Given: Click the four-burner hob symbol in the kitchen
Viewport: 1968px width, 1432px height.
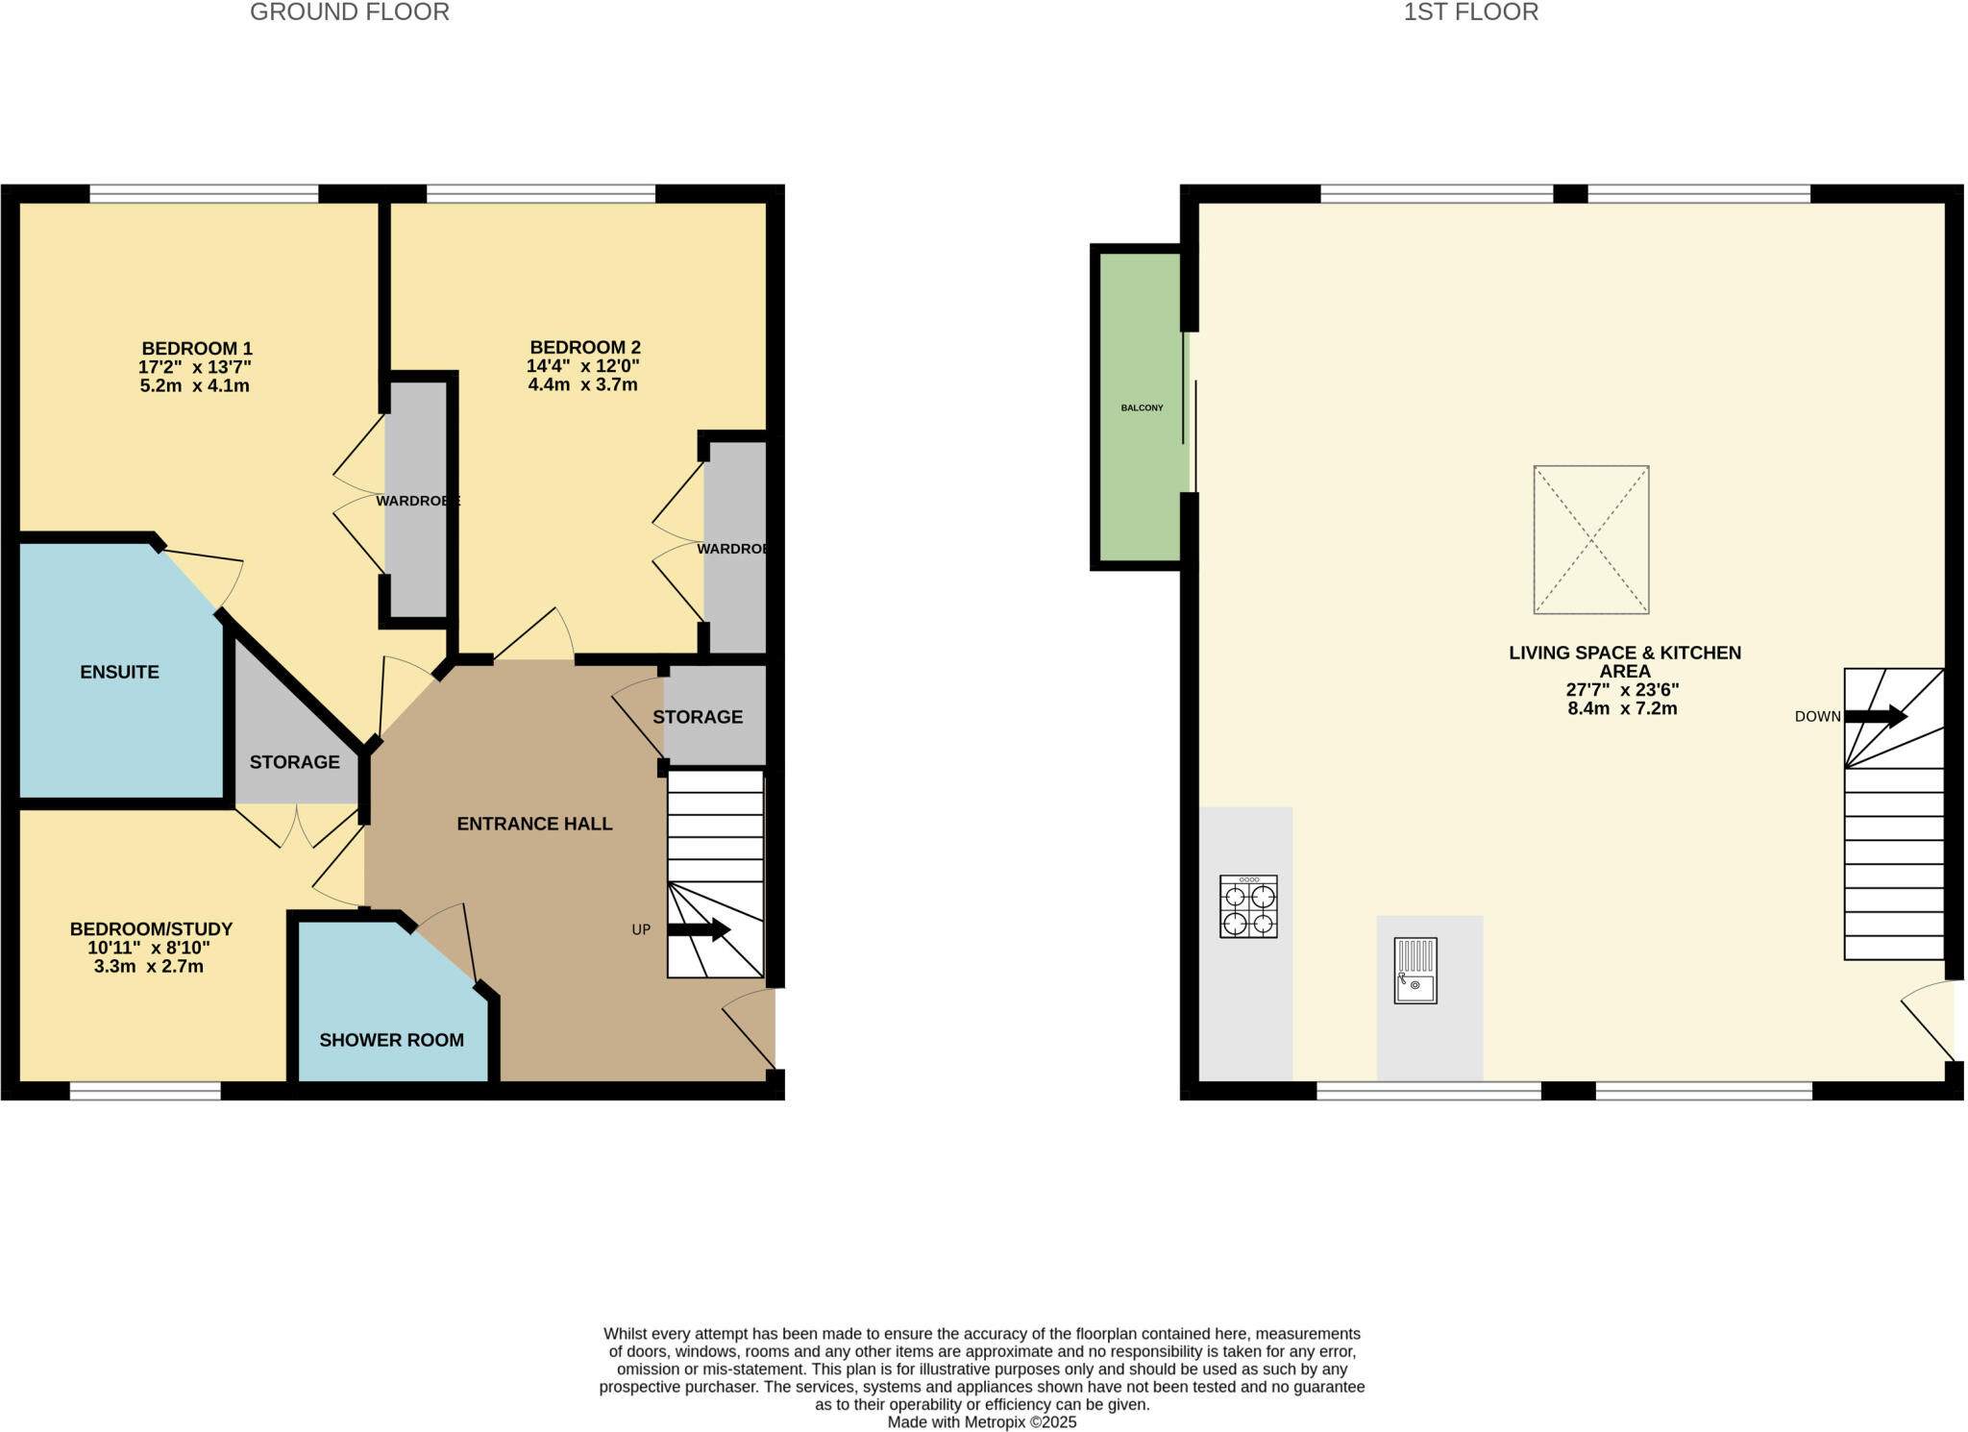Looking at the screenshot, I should (1247, 905).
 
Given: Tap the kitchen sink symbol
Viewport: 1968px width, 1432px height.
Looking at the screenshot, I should (1414, 970).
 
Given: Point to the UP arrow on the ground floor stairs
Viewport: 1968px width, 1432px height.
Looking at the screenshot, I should (699, 929).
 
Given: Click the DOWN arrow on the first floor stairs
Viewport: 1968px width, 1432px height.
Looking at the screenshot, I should (1875, 716).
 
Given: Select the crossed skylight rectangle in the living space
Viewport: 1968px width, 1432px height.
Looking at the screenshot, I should (1590, 539).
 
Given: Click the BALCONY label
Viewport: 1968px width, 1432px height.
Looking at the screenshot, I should (1142, 407).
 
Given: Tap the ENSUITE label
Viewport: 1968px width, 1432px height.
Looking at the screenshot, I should (119, 672).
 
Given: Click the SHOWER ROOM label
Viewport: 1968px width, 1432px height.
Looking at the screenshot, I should (391, 1040).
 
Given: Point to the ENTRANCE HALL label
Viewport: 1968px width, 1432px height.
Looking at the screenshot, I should (534, 824).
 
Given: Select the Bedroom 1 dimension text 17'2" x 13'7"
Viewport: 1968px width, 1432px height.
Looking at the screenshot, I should (195, 367).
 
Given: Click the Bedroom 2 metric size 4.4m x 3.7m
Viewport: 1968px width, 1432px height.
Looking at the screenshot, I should (582, 384).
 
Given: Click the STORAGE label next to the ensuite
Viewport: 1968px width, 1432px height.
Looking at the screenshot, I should (294, 762).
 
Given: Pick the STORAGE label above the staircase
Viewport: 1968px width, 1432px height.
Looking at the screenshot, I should (697, 717).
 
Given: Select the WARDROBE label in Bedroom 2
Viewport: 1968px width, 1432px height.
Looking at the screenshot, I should (733, 549).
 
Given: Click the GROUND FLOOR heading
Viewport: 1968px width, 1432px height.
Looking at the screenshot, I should (349, 12).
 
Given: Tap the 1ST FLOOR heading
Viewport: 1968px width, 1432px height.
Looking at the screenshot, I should (1470, 12).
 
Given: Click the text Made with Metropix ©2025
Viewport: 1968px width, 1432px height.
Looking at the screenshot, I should (981, 1421).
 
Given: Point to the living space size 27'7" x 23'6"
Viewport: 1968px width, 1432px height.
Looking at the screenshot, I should (1623, 690).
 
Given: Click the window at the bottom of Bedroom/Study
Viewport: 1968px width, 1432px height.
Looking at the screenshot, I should (145, 1090).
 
